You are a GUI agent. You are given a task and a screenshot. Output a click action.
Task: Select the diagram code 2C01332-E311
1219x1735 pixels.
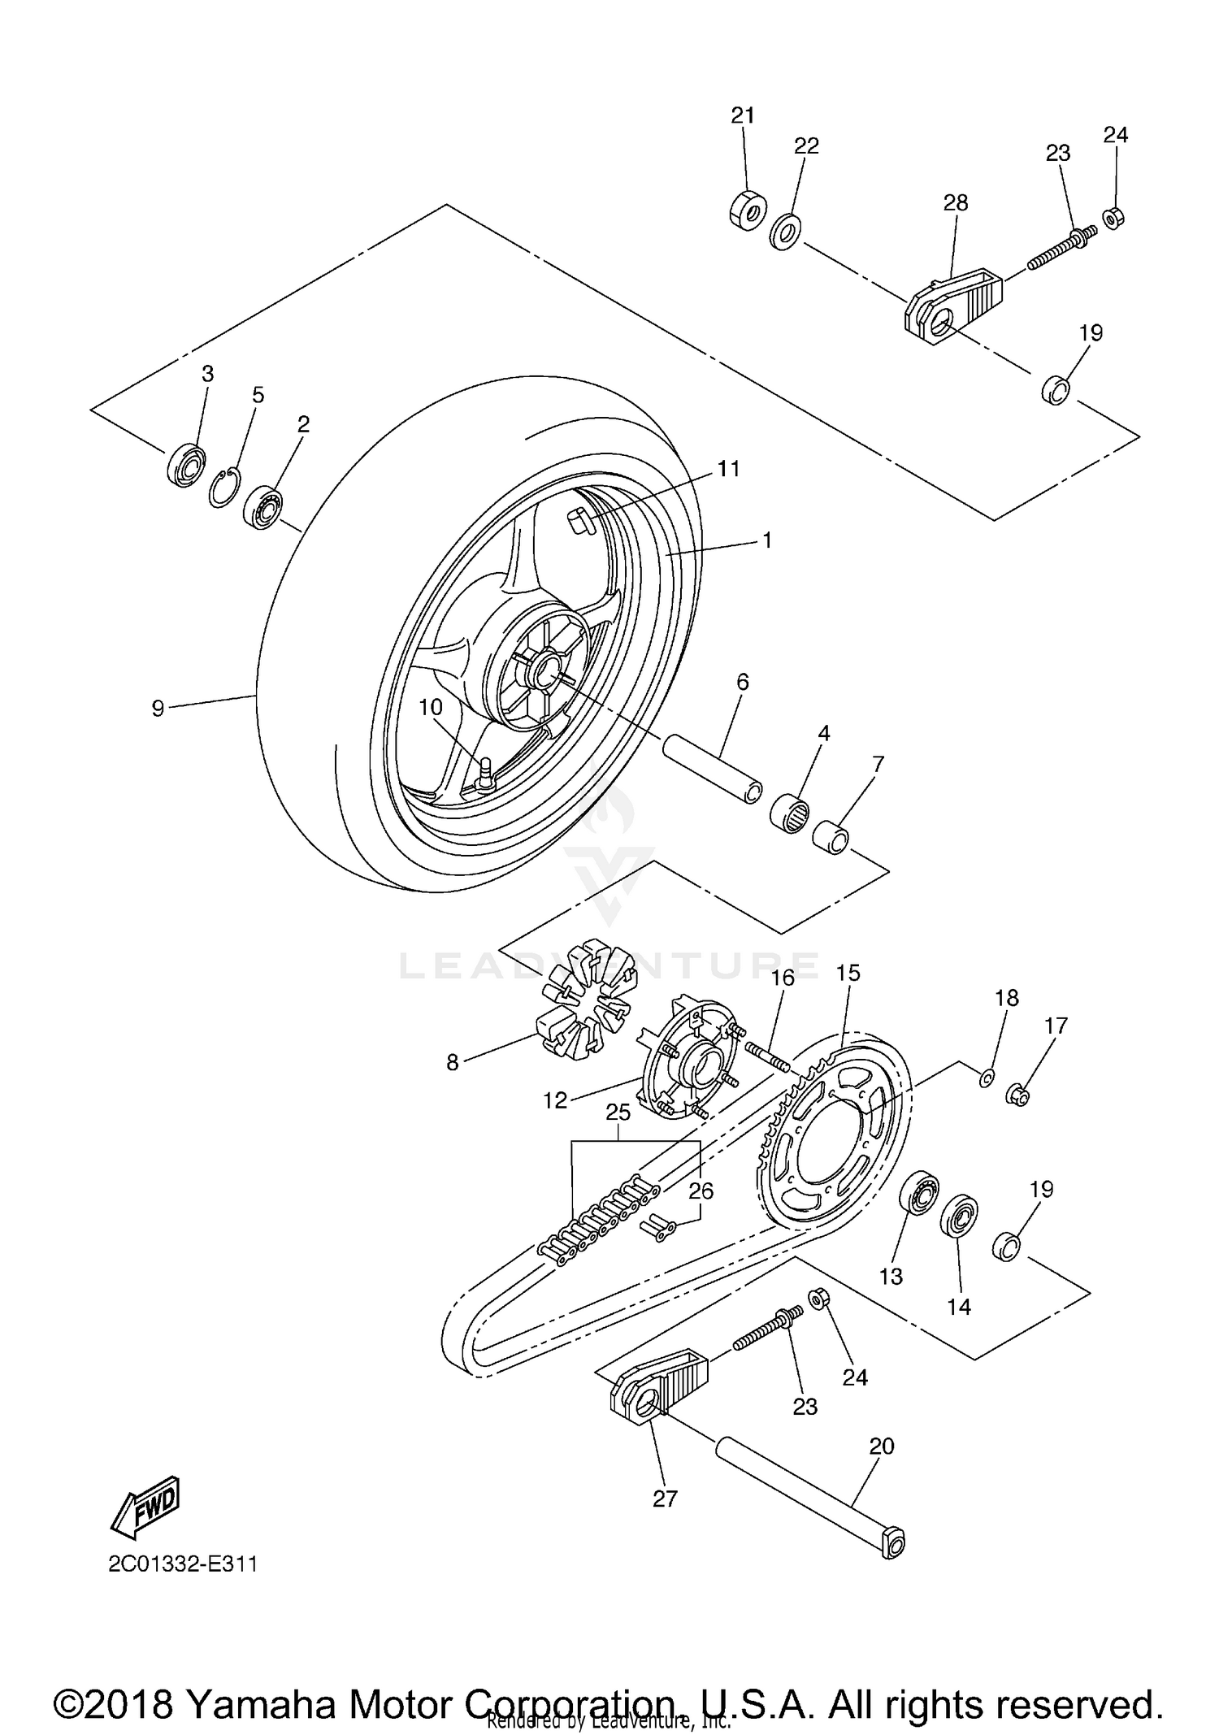(x=183, y=1564)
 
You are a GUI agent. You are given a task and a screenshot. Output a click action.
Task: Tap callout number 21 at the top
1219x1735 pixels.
(x=743, y=115)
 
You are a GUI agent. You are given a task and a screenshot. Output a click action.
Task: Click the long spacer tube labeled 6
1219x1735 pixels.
(x=714, y=770)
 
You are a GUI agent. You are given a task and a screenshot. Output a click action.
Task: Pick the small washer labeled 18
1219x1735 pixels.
(x=986, y=1078)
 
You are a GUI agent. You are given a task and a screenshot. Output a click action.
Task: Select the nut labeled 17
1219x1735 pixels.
(x=1018, y=1095)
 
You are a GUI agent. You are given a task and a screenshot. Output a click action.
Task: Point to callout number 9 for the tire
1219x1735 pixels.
(x=158, y=709)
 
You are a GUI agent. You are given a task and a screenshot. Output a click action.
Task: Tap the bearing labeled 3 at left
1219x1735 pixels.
(x=186, y=466)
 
